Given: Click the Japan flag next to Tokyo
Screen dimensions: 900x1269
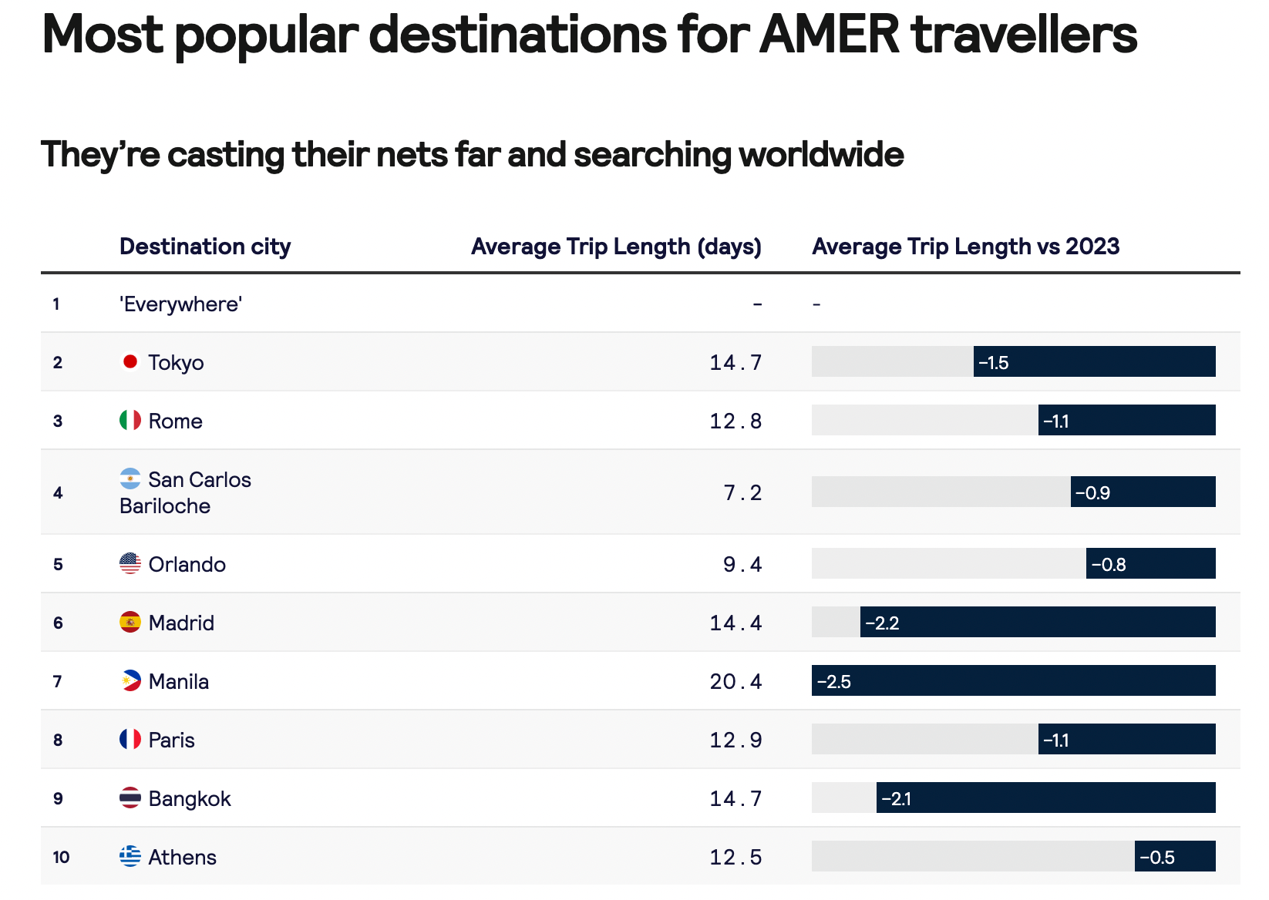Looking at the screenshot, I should [x=130, y=361].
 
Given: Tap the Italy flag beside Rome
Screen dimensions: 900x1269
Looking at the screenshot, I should [x=130, y=420].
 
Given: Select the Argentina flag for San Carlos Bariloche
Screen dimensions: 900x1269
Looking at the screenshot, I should [x=130, y=479].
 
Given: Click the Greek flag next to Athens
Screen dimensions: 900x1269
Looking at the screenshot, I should [x=130, y=856].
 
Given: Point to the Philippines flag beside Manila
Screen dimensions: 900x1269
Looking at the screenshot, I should [x=130, y=680].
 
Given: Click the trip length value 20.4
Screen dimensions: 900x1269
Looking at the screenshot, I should [x=735, y=681].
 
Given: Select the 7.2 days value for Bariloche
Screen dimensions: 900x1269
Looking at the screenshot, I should [x=742, y=492].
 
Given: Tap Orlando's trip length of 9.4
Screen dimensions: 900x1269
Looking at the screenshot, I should [x=742, y=564].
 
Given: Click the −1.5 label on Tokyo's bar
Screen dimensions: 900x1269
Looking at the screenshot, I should [x=994, y=362].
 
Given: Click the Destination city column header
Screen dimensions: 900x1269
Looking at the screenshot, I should [x=205, y=247].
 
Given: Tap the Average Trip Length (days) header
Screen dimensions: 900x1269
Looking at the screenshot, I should [x=616, y=247].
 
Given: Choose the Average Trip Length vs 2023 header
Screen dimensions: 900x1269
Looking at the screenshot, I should [x=965, y=247].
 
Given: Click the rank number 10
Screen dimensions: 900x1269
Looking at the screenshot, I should [x=61, y=857].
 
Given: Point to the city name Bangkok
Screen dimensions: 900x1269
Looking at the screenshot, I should [x=190, y=798].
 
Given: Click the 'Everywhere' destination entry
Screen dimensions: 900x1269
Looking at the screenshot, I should [x=181, y=304].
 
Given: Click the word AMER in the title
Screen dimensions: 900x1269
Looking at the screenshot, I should [x=830, y=34].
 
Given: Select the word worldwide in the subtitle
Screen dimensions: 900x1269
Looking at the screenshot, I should [x=821, y=154].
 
